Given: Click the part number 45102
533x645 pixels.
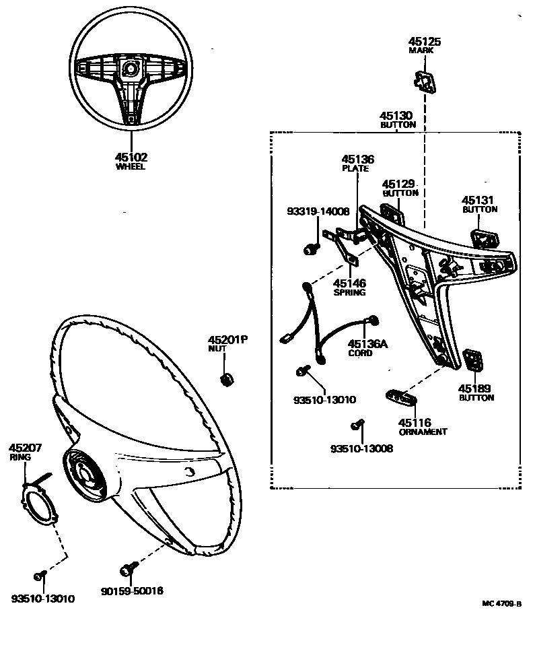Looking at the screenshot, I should click(x=131, y=158).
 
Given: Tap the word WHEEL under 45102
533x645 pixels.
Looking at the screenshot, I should click(x=131, y=166).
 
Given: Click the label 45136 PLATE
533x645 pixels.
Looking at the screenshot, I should click(x=357, y=164).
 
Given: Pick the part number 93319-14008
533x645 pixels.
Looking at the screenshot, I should click(x=316, y=211).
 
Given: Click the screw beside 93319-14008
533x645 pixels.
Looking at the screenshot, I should click(x=311, y=248).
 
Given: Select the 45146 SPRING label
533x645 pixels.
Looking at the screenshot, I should click(x=350, y=287).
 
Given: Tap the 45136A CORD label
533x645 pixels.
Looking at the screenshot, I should click(x=368, y=347).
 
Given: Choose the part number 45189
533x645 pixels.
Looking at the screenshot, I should click(x=476, y=388).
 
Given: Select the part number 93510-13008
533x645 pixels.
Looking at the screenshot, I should click(x=361, y=448).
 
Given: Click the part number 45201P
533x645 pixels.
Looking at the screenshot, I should click(x=227, y=339).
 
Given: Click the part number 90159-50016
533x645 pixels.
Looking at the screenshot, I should click(x=133, y=591).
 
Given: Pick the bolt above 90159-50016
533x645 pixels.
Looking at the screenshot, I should click(x=127, y=568).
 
